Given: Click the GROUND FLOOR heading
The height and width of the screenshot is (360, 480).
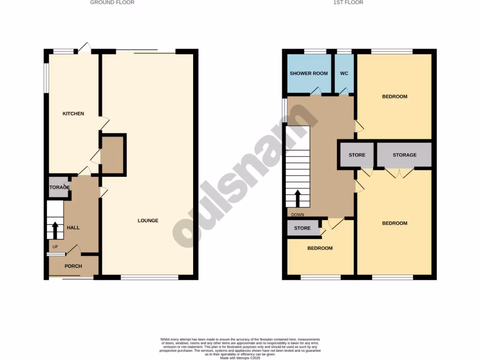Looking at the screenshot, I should (112, 2).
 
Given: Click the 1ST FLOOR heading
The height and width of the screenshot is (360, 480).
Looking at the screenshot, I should (348, 2).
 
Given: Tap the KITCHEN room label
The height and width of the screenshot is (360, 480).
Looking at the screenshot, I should (74, 113).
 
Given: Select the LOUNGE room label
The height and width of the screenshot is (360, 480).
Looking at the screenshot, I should (148, 220).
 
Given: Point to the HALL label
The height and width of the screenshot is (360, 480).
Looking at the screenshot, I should (73, 227).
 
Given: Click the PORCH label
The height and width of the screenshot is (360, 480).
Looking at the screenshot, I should (73, 266).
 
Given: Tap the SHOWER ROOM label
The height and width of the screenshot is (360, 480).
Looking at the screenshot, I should (308, 74).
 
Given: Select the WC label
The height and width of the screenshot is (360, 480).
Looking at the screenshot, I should (344, 74).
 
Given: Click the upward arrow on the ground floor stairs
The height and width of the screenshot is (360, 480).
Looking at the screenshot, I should (55, 230).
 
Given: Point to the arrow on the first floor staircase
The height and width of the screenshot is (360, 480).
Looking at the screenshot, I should (298, 198).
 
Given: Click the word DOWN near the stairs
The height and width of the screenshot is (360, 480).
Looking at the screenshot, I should (298, 215).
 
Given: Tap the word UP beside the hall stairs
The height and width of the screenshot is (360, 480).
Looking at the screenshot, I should (55, 247).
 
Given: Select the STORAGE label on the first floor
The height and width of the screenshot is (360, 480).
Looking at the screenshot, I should (405, 155).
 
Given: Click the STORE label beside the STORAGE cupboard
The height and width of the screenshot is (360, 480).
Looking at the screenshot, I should (357, 155).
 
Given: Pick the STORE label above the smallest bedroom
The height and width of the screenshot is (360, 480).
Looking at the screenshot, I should (302, 228).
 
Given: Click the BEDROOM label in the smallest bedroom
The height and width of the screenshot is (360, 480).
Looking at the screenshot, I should (320, 248).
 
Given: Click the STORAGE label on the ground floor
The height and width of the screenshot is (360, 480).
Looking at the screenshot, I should (59, 187).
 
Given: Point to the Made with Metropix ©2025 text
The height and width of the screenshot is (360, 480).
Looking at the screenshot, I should (240, 358).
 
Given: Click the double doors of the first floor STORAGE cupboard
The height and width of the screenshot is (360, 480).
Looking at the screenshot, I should (399, 173).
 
